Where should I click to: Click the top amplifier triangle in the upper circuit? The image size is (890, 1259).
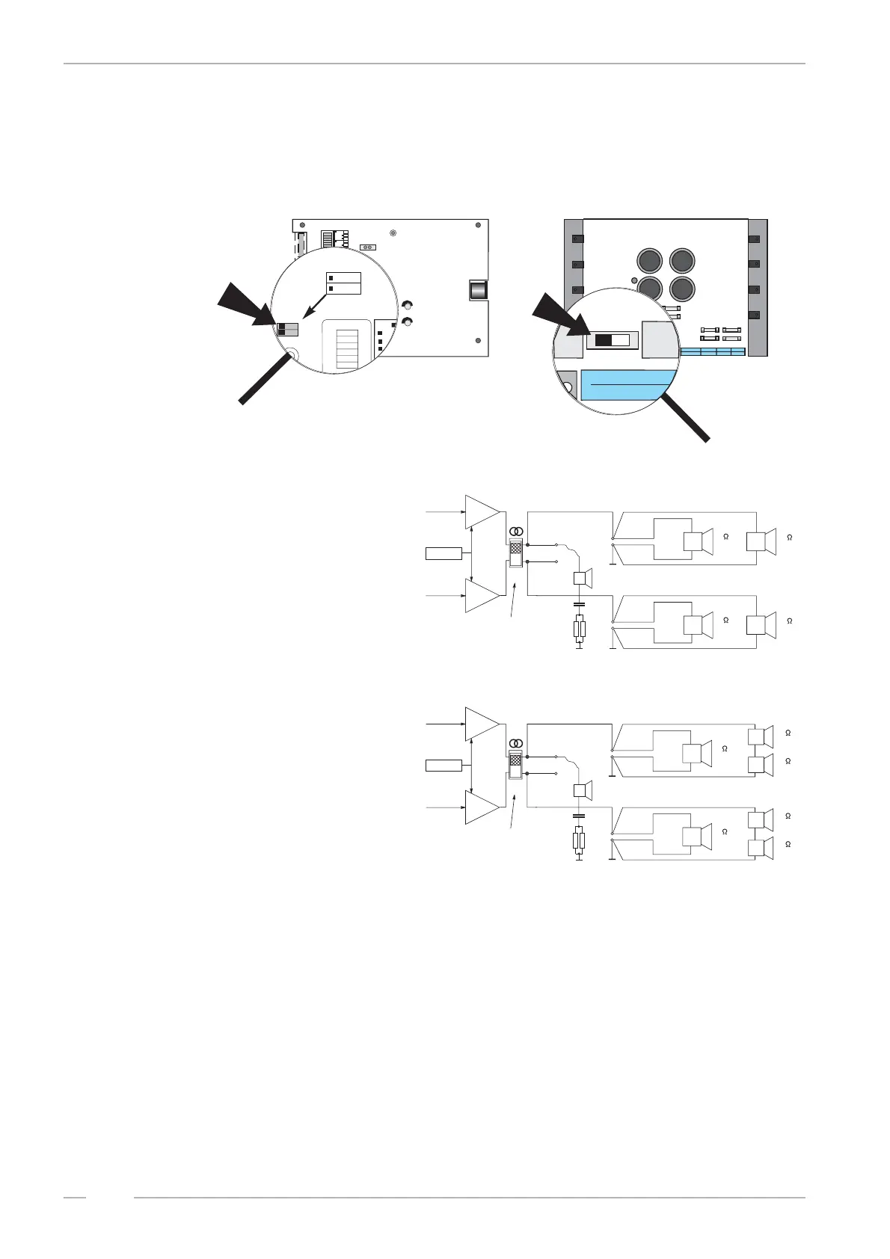pos(481,511)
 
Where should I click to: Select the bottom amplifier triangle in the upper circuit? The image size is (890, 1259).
pos(481,595)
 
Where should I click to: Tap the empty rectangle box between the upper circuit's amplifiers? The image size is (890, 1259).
pos(444,553)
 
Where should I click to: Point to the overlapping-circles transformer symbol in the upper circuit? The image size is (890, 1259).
pos(516,532)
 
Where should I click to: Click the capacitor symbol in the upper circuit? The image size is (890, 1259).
pos(579,602)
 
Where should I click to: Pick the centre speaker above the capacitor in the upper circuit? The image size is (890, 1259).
pos(582,578)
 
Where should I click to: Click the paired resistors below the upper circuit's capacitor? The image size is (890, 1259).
pos(579,629)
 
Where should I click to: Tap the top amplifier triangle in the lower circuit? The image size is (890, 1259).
pos(481,724)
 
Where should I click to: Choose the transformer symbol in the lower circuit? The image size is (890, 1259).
pos(516,744)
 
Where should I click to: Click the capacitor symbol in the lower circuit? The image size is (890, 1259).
pos(579,816)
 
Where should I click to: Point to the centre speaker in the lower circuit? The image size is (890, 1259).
pos(582,791)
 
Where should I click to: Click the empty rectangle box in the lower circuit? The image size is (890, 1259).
pos(444,766)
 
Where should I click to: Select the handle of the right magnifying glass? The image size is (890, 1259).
pos(684,419)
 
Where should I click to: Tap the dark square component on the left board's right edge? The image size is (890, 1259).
pos(478,289)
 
